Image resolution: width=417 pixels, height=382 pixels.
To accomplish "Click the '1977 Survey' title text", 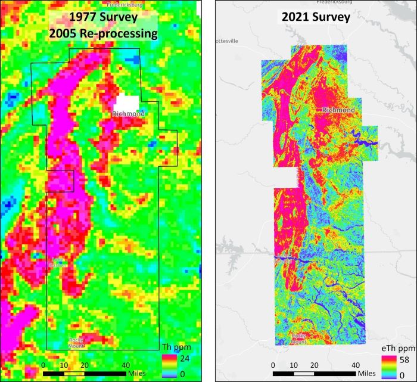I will coord(104,17).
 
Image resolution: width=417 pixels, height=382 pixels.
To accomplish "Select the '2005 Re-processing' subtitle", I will coord(104,33).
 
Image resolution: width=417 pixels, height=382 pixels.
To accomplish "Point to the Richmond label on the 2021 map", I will coord(338,110).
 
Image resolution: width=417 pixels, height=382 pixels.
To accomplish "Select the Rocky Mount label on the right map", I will coord(299,339).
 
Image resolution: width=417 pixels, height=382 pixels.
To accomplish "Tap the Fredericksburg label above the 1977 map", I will coord(123,4).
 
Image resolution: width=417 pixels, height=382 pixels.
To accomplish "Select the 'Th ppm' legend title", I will coord(176,347).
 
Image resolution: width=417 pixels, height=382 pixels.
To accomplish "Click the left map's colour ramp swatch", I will coord(170,365).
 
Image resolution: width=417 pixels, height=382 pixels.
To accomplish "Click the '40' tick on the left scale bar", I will coord(126,365).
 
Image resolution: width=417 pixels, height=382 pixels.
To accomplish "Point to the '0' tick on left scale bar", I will coord(43,365).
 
